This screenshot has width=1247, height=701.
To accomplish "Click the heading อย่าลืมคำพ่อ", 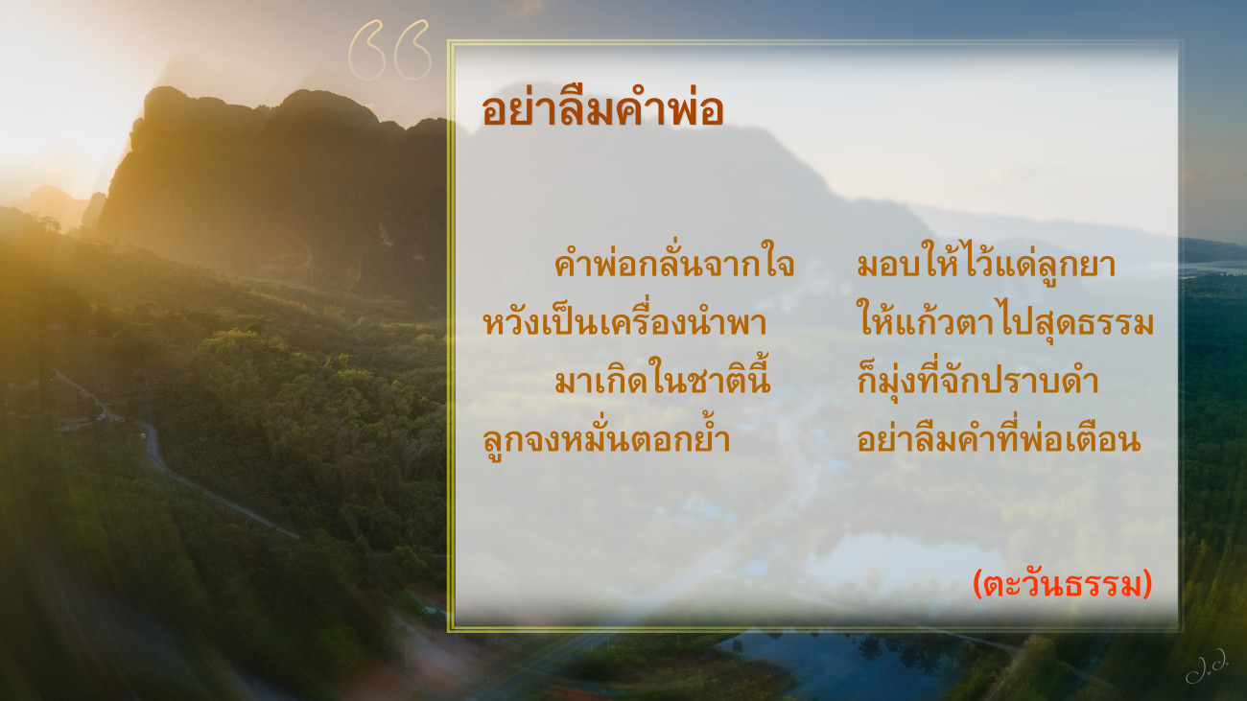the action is [x=602, y=108].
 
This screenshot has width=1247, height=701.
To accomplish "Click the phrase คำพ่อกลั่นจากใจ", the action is [x=674, y=263].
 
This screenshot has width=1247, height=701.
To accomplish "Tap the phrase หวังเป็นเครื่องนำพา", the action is [x=624, y=321].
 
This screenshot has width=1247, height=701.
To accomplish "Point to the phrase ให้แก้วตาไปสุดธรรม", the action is [x=1005, y=321].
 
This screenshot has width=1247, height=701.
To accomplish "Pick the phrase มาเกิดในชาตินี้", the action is [x=663, y=379].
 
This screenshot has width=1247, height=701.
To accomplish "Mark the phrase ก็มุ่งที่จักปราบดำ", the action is [x=977, y=380].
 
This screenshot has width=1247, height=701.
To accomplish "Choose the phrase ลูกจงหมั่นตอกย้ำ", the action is [x=606, y=438].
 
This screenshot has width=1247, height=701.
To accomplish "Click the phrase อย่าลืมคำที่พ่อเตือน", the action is [x=999, y=438].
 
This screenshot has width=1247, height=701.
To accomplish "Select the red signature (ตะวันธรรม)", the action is [x=1062, y=584].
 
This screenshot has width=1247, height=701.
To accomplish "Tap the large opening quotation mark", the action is [x=389, y=50].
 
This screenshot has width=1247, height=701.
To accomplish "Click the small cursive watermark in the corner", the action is [x=1207, y=666].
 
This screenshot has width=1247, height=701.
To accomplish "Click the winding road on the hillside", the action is [x=167, y=467].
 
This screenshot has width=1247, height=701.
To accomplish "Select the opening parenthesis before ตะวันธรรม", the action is [x=977, y=584].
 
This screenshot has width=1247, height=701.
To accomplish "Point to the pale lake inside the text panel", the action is [x=902, y=562].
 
